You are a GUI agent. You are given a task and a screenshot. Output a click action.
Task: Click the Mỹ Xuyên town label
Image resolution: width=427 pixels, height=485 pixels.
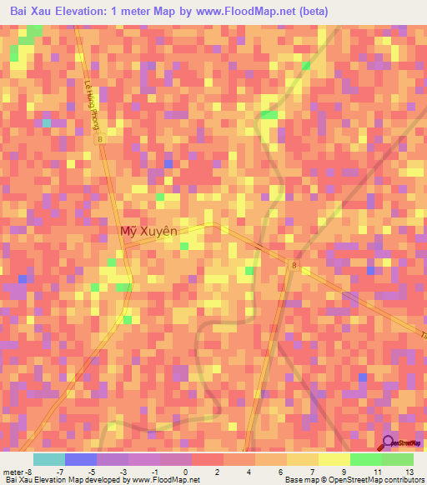coord(149,233)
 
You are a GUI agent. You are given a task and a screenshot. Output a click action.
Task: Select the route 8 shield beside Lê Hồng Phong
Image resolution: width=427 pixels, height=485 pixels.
coord(99,140)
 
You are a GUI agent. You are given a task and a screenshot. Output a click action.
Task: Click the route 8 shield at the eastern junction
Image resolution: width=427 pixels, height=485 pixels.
coord(294,265)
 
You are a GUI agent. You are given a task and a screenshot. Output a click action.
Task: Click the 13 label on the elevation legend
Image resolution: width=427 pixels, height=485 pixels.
coord(409,472)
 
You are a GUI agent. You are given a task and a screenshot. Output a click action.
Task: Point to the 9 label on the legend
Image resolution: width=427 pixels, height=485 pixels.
coord(321,472)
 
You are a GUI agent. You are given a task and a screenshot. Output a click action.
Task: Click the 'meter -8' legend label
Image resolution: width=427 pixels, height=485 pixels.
coord(18,472)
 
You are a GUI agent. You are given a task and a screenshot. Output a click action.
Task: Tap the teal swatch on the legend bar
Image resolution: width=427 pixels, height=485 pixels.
coord(48,459)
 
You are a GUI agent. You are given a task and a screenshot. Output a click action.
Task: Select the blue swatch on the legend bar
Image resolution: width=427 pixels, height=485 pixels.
coord(80,459)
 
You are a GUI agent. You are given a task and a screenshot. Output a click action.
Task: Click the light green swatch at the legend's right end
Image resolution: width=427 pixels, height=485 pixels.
coord(398,459)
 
